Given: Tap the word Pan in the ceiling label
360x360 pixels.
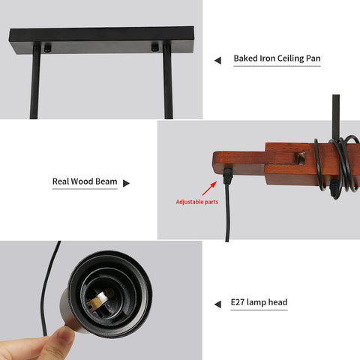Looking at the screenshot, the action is point(313,58).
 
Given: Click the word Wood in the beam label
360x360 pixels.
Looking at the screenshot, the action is point(82,181).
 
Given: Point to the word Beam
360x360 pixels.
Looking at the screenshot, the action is point(106,181).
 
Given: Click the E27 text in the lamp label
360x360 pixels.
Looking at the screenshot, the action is point(237,302).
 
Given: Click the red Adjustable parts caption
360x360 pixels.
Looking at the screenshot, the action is point(197,202).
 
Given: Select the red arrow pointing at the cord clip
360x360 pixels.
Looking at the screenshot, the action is point(209,188).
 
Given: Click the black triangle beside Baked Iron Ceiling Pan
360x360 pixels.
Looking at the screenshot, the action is point(217,61).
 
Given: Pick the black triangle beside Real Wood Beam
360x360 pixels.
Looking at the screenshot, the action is point(126,183).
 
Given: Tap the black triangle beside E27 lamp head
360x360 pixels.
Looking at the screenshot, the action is point(217,304).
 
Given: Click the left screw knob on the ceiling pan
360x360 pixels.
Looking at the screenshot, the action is point(47,48).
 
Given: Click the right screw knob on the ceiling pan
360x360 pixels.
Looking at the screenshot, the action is point(154,47).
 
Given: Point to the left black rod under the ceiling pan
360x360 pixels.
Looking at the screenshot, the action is point(35,81).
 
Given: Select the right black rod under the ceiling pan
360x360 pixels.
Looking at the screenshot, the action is point(168,81).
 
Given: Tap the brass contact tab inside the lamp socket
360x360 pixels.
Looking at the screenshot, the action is point(94,304).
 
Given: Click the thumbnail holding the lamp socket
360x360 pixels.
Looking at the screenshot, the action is point(64,335).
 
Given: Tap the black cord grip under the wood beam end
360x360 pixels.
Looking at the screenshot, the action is point(228,175).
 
